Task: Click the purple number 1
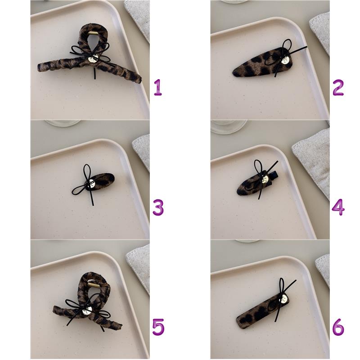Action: [158, 87]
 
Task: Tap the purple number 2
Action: [338, 87]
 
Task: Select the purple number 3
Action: [158, 207]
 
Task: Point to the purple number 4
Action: [338, 207]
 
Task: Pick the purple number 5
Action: [158, 327]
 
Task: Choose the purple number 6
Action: [338, 327]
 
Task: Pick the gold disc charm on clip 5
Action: [87, 310]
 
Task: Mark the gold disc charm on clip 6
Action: [283, 299]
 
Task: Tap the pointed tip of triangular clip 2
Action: [233, 73]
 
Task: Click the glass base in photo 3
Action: [63, 123]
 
